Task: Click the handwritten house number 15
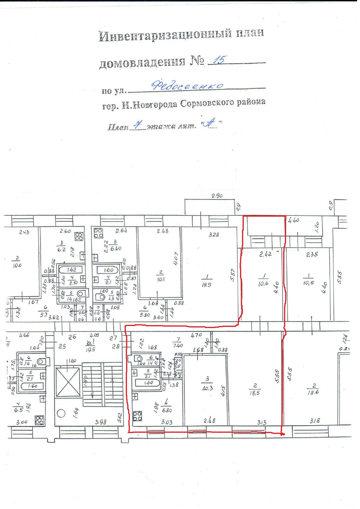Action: click(x=219, y=60)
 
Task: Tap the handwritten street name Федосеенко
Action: click(x=187, y=85)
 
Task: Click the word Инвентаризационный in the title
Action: click(x=165, y=35)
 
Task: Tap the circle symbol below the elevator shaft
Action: click(x=61, y=413)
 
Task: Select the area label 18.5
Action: click(x=254, y=393)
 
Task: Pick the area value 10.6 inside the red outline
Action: click(x=263, y=284)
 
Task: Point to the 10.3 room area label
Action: click(x=207, y=388)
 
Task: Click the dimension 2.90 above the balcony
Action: click(x=217, y=196)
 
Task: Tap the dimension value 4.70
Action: click(x=196, y=335)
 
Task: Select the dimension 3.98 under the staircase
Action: click(x=101, y=422)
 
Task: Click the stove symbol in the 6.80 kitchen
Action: click(x=137, y=416)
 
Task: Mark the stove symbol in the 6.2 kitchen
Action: click(x=79, y=237)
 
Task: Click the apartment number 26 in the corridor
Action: click(x=72, y=337)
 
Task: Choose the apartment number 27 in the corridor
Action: click(x=113, y=338)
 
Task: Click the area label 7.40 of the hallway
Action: click(x=178, y=345)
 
